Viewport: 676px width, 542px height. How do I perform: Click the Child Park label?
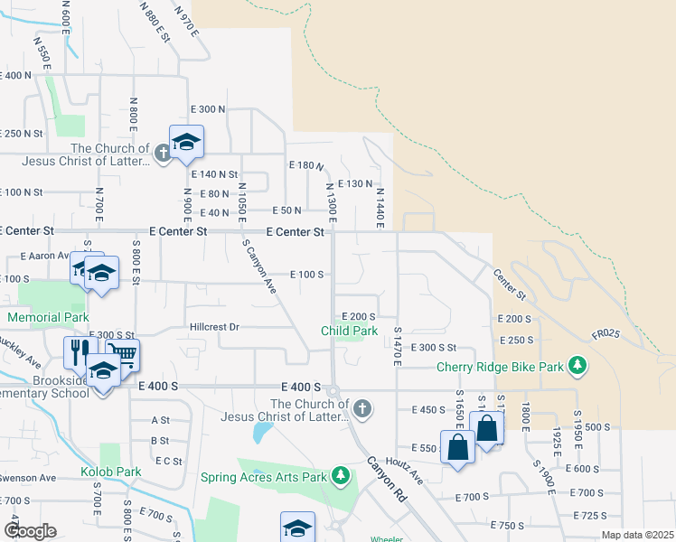(x=349, y=332)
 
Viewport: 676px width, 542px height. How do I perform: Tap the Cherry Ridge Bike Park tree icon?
(x=577, y=367)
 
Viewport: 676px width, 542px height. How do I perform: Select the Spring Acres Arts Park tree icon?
(x=340, y=476)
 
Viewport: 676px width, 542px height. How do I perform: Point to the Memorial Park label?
(x=48, y=318)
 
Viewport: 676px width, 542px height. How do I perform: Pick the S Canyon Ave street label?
(x=258, y=266)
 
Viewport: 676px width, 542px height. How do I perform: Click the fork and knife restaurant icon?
(x=77, y=350)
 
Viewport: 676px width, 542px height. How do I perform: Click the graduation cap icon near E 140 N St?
(x=186, y=142)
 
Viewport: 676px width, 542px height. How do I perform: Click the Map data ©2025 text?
(x=637, y=535)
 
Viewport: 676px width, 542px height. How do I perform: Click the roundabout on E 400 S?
(x=333, y=392)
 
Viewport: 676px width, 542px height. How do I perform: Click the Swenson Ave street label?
(x=28, y=477)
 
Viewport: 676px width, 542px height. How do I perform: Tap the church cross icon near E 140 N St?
(x=163, y=153)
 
